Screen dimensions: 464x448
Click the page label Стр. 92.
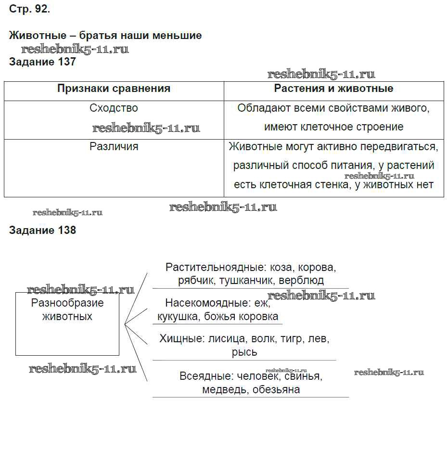click(29, 9)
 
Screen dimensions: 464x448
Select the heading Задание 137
click(42, 62)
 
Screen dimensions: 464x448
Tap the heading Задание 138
click(42, 230)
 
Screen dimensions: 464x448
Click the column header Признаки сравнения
click(114, 89)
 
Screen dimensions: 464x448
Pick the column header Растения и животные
click(333, 89)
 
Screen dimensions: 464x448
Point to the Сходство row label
click(114, 108)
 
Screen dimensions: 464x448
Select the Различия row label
click(114, 146)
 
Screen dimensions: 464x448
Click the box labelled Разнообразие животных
click(67, 323)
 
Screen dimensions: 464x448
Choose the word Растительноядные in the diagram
click(215, 267)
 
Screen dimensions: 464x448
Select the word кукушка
click(178, 316)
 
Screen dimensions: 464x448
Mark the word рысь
click(244, 352)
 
